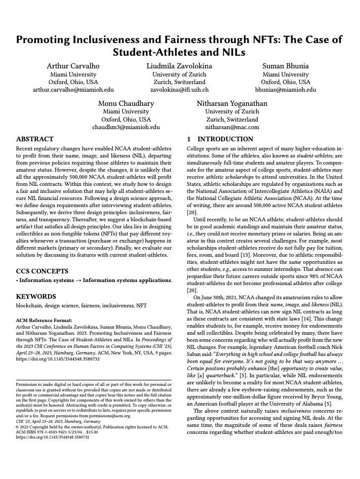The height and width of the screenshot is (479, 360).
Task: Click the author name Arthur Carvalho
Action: click(x=73, y=66)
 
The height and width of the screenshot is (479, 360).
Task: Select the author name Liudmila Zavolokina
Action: click(x=179, y=66)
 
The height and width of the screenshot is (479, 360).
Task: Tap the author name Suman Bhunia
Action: click(x=286, y=66)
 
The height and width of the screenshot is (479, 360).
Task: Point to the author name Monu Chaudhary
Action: click(x=126, y=104)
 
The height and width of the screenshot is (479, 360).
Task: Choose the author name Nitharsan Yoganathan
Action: click(x=232, y=104)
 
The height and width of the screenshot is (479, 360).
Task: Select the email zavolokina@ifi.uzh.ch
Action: click(x=179, y=90)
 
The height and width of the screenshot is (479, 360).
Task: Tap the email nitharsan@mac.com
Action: click(x=232, y=128)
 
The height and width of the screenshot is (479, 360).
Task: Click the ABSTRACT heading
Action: click(x=35, y=139)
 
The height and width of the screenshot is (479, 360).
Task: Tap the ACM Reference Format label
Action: click(x=45, y=321)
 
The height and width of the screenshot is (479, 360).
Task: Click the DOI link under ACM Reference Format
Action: click(x=58, y=358)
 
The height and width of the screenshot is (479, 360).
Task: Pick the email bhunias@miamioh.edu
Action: click(x=286, y=90)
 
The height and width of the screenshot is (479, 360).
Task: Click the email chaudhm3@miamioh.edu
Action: click(x=126, y=128)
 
